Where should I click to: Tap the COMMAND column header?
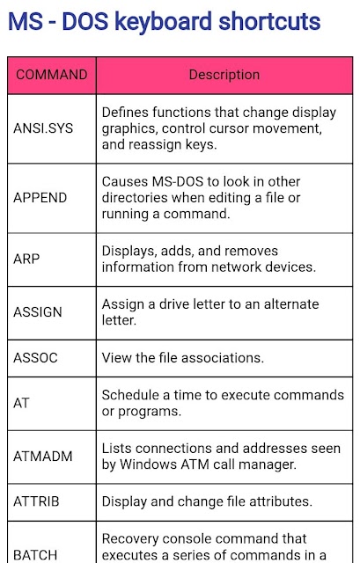tap(52, 75)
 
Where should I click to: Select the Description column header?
tap(224, 75)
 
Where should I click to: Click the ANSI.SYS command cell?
tap(43, 128)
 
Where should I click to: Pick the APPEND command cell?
tap(40, 197)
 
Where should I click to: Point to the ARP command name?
tap(26, 259)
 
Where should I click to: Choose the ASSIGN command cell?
tap(38, 312)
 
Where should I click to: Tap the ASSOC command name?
tap(35, 358)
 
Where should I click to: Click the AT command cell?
tap(21, 403)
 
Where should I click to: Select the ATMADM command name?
tap(43, 456)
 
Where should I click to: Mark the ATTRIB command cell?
tap(36, 501)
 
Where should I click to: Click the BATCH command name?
tap(35, 555)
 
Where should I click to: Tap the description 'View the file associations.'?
tap(183, 358)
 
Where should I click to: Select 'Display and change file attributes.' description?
tap(207, 501)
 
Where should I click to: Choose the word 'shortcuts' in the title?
tap(269, 22)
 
